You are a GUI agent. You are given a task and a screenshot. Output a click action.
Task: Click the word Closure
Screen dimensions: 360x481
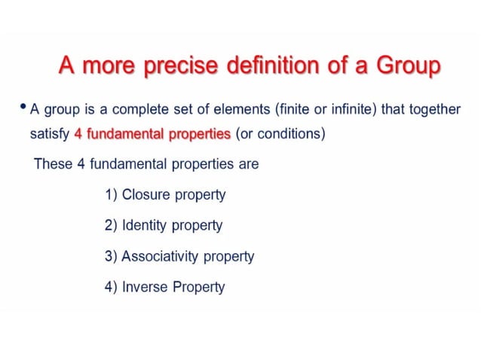[146, 195]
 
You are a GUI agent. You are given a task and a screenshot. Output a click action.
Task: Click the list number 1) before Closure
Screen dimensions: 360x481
[111, 195]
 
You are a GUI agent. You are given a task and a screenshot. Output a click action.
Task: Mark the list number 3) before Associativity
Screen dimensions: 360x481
[111, 256]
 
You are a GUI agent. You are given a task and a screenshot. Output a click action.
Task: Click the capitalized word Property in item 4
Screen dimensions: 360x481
[198, 287]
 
